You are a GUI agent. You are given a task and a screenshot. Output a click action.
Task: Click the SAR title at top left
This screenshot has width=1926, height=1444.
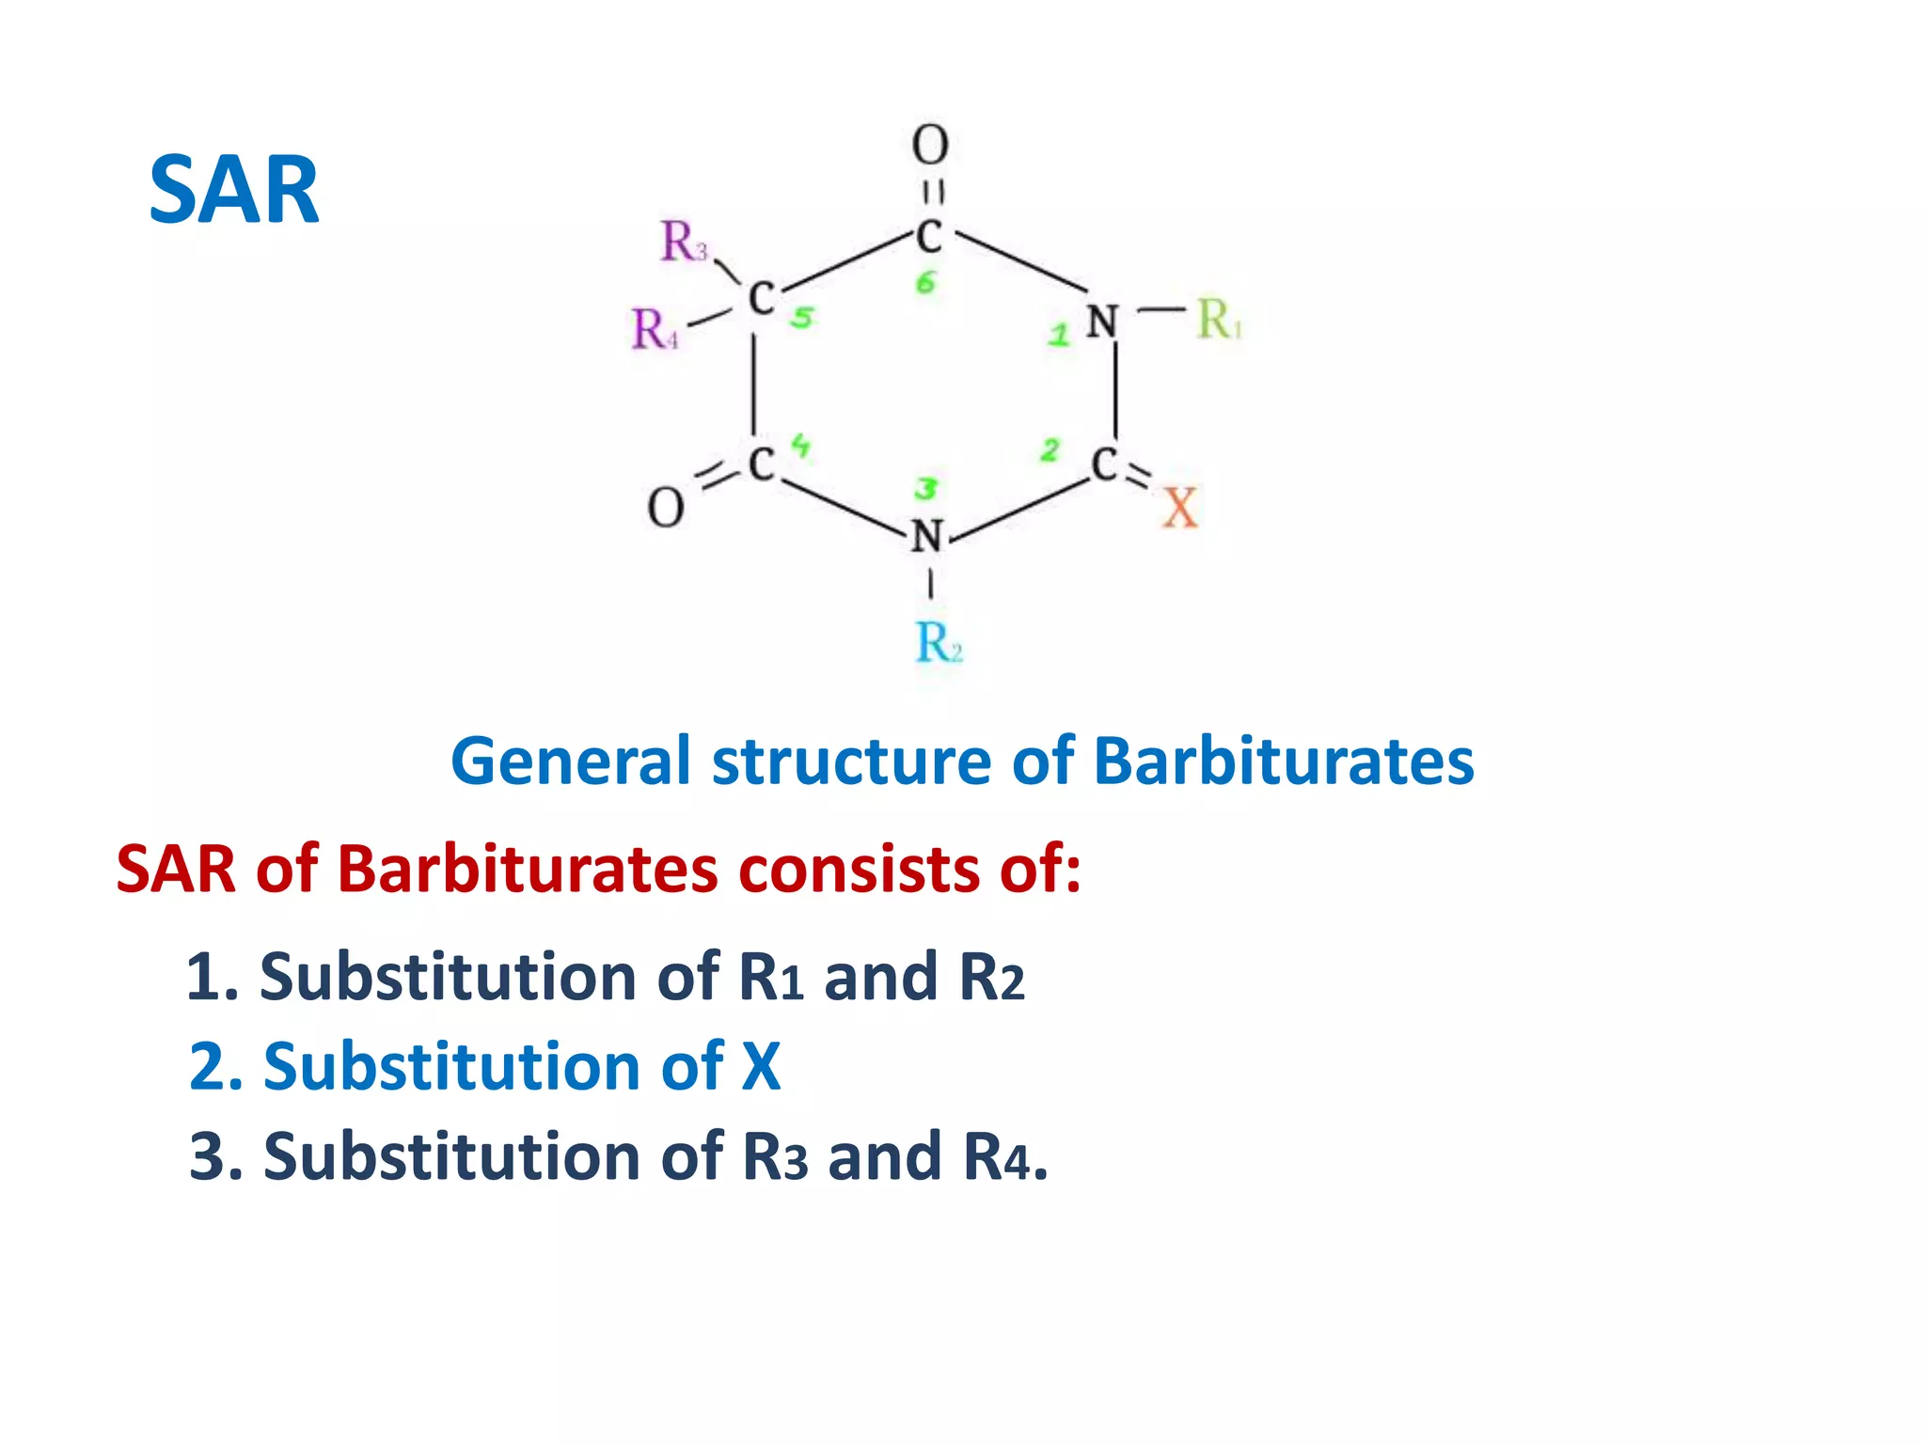[x=234, y=191]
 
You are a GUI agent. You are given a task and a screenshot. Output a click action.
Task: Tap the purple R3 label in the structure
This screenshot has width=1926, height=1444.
[x=683, y=242]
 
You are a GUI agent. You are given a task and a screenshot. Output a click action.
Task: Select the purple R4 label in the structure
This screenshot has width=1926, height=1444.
[x=654, y=330]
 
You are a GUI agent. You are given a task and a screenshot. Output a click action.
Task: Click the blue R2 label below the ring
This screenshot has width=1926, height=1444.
[x=938, y=644]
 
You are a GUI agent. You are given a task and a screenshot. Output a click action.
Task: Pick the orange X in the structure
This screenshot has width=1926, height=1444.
[x=1180, y=509]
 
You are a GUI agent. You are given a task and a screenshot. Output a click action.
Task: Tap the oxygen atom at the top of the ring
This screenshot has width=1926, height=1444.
[x=930, y=146]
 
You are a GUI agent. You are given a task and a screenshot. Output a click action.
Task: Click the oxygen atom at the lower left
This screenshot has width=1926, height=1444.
[x=666, y=509]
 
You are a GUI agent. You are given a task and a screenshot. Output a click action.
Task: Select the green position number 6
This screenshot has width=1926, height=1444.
[x=926, y=282]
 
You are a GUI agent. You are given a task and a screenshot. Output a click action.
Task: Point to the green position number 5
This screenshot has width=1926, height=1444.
[x=801, y=318]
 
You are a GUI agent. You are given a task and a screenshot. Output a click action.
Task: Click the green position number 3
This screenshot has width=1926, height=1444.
[x=926, y=489]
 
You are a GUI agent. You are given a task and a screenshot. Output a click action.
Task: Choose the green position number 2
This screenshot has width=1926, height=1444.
[x=1050, y=451]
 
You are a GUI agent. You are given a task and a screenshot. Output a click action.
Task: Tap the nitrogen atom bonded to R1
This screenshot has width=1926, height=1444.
[x=1101, y=322]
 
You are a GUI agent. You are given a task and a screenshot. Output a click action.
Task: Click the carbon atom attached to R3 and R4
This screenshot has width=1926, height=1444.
[x=760, y=299]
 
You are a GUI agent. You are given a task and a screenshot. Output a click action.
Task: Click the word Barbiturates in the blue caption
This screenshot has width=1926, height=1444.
[x=1284, y=761]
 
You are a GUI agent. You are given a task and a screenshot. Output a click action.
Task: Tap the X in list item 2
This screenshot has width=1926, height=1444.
[x=761, y=1067]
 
